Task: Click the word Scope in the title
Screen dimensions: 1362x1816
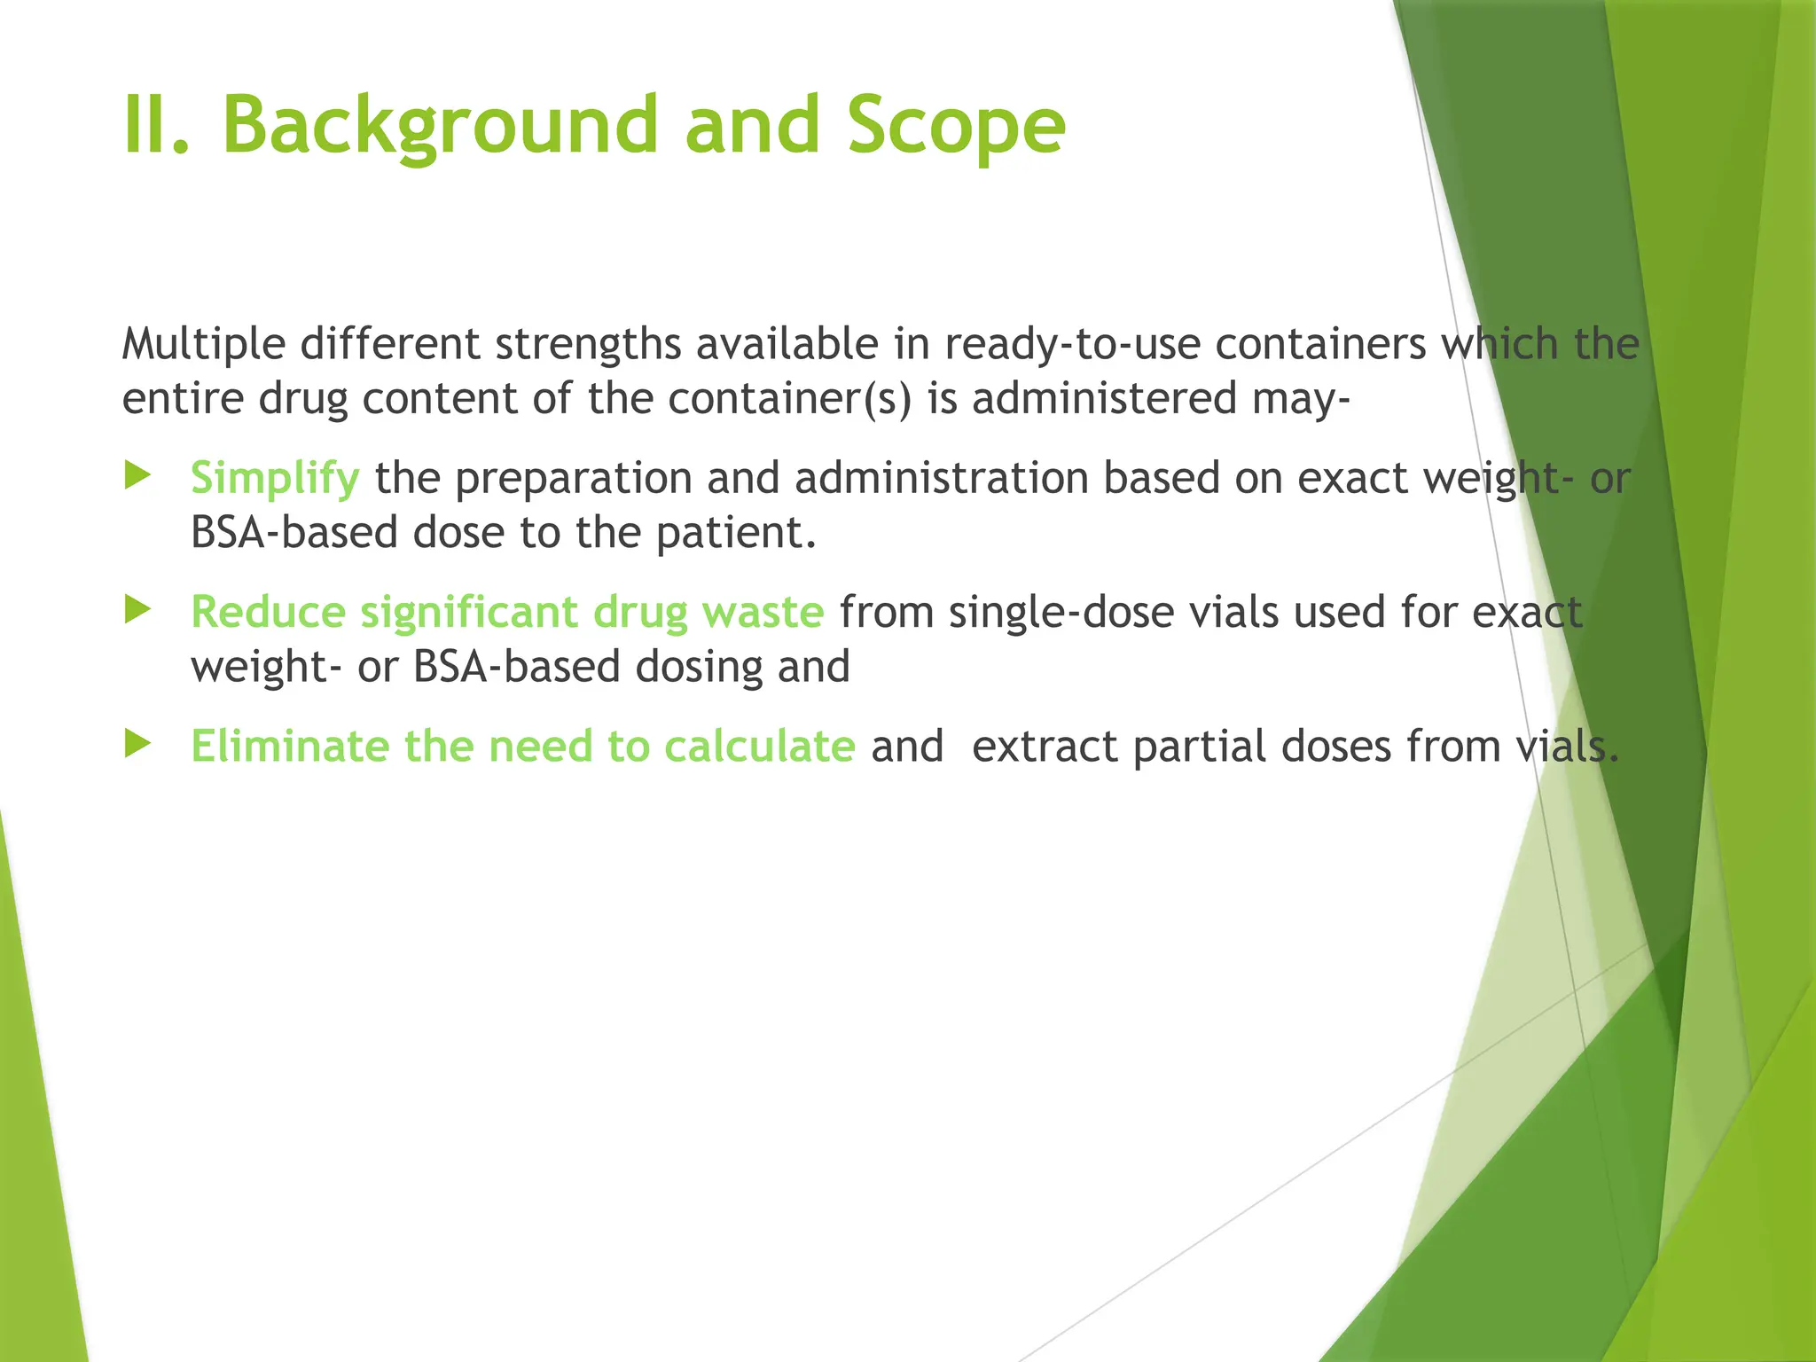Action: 955,126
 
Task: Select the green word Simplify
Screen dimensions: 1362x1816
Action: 275,479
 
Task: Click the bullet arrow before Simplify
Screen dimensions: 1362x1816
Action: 138,476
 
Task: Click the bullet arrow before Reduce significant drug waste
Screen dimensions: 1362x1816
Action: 138,610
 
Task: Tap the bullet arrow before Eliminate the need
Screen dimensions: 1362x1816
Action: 138,744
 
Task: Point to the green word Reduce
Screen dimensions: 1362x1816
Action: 268,612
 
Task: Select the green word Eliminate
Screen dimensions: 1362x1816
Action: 289,746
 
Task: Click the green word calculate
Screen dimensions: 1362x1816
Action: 759,746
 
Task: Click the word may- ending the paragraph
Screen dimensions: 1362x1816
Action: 1301,400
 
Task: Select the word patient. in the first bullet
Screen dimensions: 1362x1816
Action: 736,533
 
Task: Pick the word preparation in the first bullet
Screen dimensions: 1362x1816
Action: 573,479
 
